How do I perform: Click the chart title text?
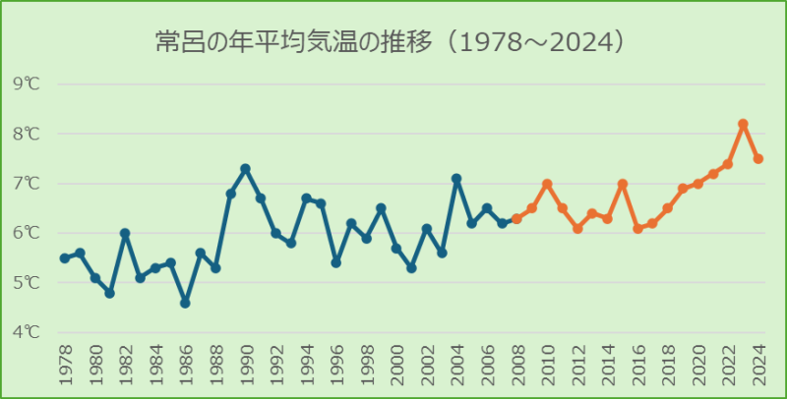coord(393,42)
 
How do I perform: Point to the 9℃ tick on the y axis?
coord(27,84)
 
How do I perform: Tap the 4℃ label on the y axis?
coord(27,332)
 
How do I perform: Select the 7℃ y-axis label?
coord(27,183)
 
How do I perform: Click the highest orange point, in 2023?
coord(743,124)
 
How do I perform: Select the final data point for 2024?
coord(758,158)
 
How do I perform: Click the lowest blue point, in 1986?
coord(185,303)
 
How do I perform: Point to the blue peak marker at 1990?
coord(246,168)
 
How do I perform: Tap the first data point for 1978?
coord(65,257)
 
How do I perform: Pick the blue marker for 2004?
coord(456,179)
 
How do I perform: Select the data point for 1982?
coord(125,233)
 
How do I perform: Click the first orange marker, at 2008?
coord(516,218)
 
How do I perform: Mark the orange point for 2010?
coord(547,184)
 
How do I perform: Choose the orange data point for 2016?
coord(637,228)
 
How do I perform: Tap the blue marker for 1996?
coord(336,262)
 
